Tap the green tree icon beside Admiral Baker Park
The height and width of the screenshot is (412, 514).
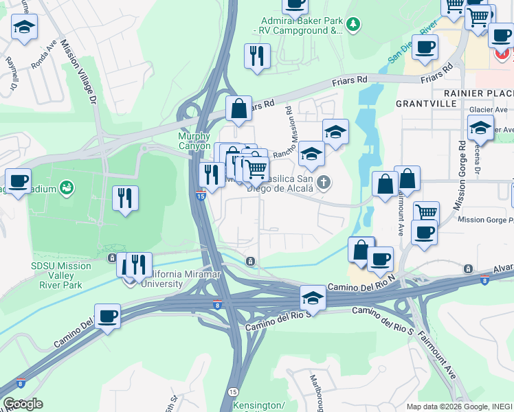coord(353,25)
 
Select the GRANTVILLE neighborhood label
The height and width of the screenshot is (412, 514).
coord(426,103)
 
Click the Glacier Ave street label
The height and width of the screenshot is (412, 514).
coord(488,109)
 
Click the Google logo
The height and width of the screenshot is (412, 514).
coord(23,404)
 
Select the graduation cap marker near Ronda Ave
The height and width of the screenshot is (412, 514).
coord(24,27)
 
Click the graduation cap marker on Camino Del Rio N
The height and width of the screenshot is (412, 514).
coord(313,297)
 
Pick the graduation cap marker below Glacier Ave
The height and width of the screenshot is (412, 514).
coord(480,127)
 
